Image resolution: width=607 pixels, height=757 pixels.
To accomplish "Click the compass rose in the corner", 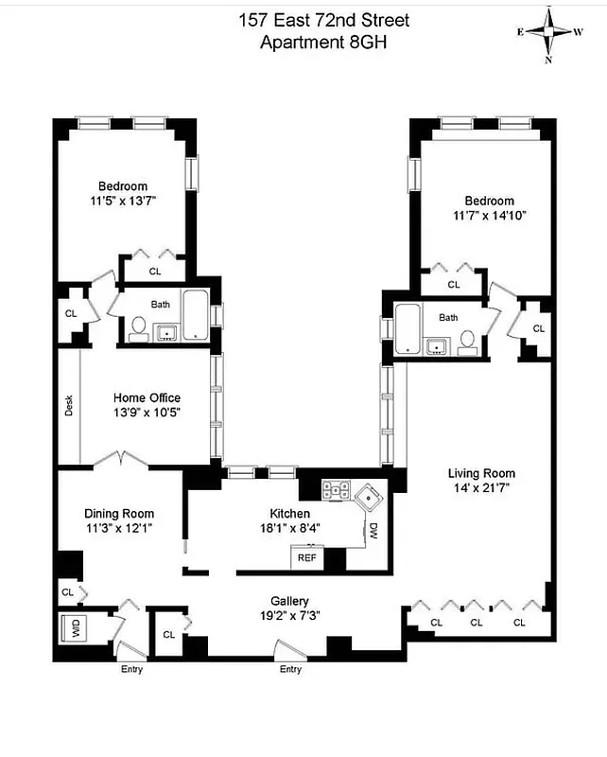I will (x=549, y=32).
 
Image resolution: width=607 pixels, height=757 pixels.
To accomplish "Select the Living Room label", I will (x=481, y=474).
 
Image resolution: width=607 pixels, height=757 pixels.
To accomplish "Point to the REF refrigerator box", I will (x=307, y=558).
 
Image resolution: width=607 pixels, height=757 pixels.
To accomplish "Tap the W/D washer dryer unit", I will (x=73, y=629).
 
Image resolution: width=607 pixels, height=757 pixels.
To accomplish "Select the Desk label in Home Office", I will (x=69, y=406).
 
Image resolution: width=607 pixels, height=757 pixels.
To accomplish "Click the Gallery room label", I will (x=289, y=601).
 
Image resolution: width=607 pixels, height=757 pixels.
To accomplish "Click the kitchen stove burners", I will (x=336, y=490).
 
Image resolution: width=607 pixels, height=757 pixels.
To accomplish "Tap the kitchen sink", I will (x=366, y=493).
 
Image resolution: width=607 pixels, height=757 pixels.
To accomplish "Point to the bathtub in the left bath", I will (x=197, y=316).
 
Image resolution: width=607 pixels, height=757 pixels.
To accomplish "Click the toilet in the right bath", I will (x=467, y=341).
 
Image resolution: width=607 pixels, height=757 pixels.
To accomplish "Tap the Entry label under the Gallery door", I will (x=290, y=670).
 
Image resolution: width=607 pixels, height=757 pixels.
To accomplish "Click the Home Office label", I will (x=147, y=397).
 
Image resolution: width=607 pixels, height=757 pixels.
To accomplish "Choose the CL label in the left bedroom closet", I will (x=155, y=272).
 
